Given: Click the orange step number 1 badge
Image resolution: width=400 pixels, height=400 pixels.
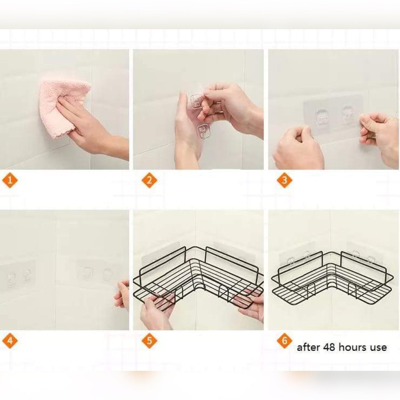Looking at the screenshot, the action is (x=10, y=180).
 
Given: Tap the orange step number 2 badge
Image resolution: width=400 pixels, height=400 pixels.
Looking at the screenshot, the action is (x=149, y=180).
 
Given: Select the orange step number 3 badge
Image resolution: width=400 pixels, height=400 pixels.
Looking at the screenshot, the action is (x=285, y=180).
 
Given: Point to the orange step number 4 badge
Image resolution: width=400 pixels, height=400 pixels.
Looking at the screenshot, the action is (x=10, y=341).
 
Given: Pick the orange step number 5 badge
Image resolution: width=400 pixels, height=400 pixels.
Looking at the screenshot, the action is (x=149, y=341).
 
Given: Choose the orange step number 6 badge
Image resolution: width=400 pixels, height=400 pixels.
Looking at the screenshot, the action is (x=285, y=341).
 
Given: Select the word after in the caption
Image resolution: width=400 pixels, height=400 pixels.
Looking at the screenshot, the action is (x=309, y=347).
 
